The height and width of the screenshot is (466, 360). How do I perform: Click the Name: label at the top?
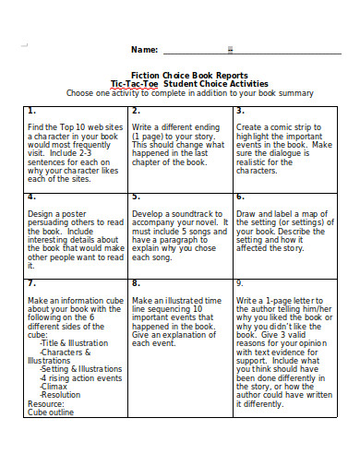click(x=144, y=50)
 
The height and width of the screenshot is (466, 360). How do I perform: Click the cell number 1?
click(x=31, y=111)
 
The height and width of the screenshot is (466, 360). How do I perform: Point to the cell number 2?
click(x=136, y=111)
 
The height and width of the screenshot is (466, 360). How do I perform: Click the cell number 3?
click(x=240, y=111)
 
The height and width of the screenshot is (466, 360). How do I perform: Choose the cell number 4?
click(x=31, y=196)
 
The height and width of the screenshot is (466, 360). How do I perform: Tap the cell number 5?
click(x=136, y=196)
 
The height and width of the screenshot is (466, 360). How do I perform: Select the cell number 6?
click(x=240, y=196)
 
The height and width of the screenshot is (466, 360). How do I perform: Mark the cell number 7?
click(x=31, y=282)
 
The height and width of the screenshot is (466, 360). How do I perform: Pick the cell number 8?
click(x=136, y=282)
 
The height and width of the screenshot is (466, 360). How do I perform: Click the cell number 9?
click(x=240, y=282)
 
